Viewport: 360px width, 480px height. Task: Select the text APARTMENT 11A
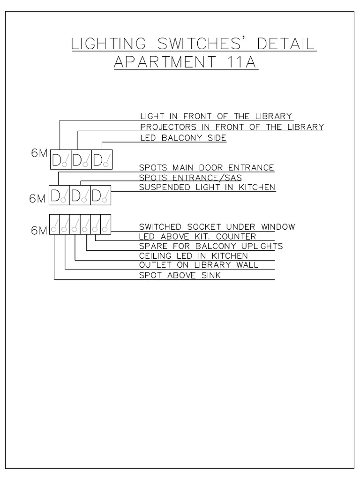(186, 62)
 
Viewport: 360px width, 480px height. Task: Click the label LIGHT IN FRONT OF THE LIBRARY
(216, 116)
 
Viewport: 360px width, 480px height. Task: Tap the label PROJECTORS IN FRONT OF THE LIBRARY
(232, 127)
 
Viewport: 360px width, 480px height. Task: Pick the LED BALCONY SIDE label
(183, 138)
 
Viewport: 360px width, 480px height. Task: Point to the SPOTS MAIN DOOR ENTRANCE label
(207, 167)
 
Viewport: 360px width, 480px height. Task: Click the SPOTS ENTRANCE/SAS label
(190, 178)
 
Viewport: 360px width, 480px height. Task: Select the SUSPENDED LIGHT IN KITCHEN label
(207, 187)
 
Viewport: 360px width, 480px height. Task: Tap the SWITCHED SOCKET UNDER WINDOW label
(217, 227)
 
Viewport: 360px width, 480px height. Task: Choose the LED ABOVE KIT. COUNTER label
(197, 237)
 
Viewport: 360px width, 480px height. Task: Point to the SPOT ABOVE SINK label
(180, 276)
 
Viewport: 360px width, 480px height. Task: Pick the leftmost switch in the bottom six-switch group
(54, 224)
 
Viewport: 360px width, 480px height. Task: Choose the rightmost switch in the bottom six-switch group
(106, 224)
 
